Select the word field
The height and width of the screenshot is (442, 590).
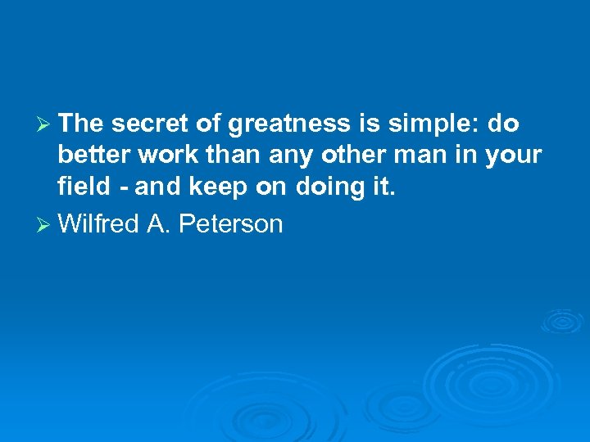point(82,187)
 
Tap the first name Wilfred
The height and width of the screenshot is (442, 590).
point(99,223)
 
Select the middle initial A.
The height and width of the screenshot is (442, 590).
point(156,223)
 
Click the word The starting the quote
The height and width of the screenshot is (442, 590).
point(80,124)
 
